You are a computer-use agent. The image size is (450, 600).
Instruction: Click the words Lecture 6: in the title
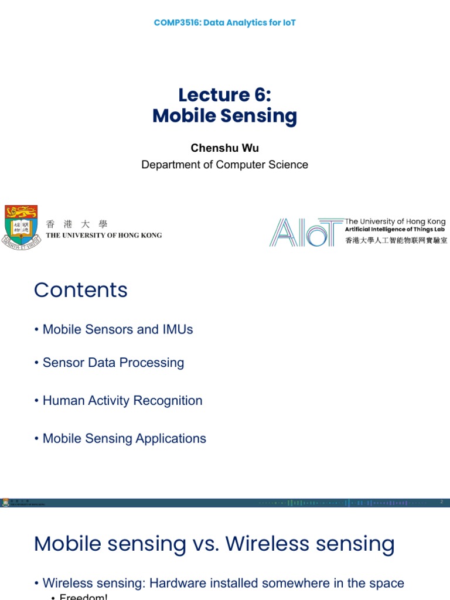pyautogui.click(x=225, y=95)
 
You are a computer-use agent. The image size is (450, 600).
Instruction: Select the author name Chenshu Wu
pyautogui.click(x=224, y=148)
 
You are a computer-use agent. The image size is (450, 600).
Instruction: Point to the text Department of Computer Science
pyautogui.click(x=224, y=165)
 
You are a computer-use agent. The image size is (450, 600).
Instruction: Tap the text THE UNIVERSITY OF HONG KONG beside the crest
pyautogui.click(x=104, y=236)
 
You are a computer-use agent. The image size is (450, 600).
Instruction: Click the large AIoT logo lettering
pyautogui.click(x=305, y=232)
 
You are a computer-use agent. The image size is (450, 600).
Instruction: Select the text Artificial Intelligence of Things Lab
pyautogui.click(x=395, y=230)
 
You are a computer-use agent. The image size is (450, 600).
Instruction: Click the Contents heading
pyautogui.click(x=81, y=290)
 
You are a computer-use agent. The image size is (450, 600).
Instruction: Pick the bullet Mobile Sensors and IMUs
pyautogui.click(x=118, y=329)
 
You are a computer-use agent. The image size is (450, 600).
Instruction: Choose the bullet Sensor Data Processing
pyautogui.click(x=113, y=363)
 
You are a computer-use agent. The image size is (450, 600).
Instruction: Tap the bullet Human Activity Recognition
pyautogui.click(x=122, y=401)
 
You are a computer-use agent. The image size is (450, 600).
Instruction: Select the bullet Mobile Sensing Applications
pyautogui.click(x=124, y=438)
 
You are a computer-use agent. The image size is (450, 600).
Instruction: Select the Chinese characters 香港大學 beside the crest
pyautogui.click(x=77, y=224)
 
